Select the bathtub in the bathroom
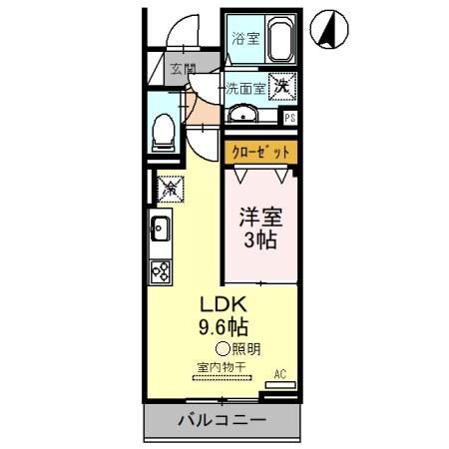(275, 43)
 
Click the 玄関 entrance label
(182, 69)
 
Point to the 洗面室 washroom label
(244, 88)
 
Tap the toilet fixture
(163, 131)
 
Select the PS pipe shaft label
(290, 118)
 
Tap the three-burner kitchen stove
(162, 268)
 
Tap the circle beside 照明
(223, 349)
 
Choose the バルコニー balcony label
(222, 420)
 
